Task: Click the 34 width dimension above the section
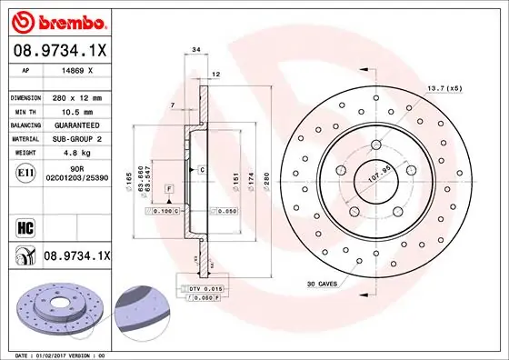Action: [x=196, y=51]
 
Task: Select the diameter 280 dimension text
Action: [x=266, y=179]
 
